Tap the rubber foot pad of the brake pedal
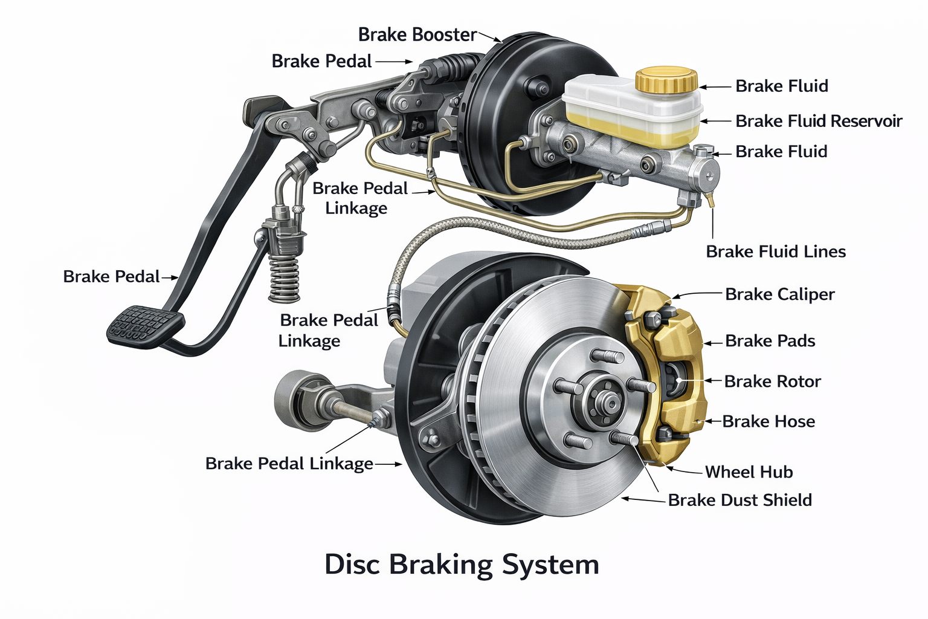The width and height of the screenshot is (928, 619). tap(145, 326)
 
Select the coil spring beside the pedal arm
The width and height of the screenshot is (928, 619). tap(284, 275)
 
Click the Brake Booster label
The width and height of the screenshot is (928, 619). tap(417, 34)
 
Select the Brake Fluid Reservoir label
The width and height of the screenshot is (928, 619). tap(819, 121)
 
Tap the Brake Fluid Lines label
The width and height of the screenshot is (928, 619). tap(776, 251)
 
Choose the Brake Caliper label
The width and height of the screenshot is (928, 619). tap(780, 294)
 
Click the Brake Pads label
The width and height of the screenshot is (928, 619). tap(770, 341)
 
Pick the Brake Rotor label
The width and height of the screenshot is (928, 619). tap(772, 381)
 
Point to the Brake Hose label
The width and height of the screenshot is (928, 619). tap(768, 422)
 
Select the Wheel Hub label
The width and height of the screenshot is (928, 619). tap(749, 472)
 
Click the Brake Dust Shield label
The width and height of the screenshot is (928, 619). tap(739, 500)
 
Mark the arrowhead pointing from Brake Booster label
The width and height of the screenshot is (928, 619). tap(498, 41)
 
